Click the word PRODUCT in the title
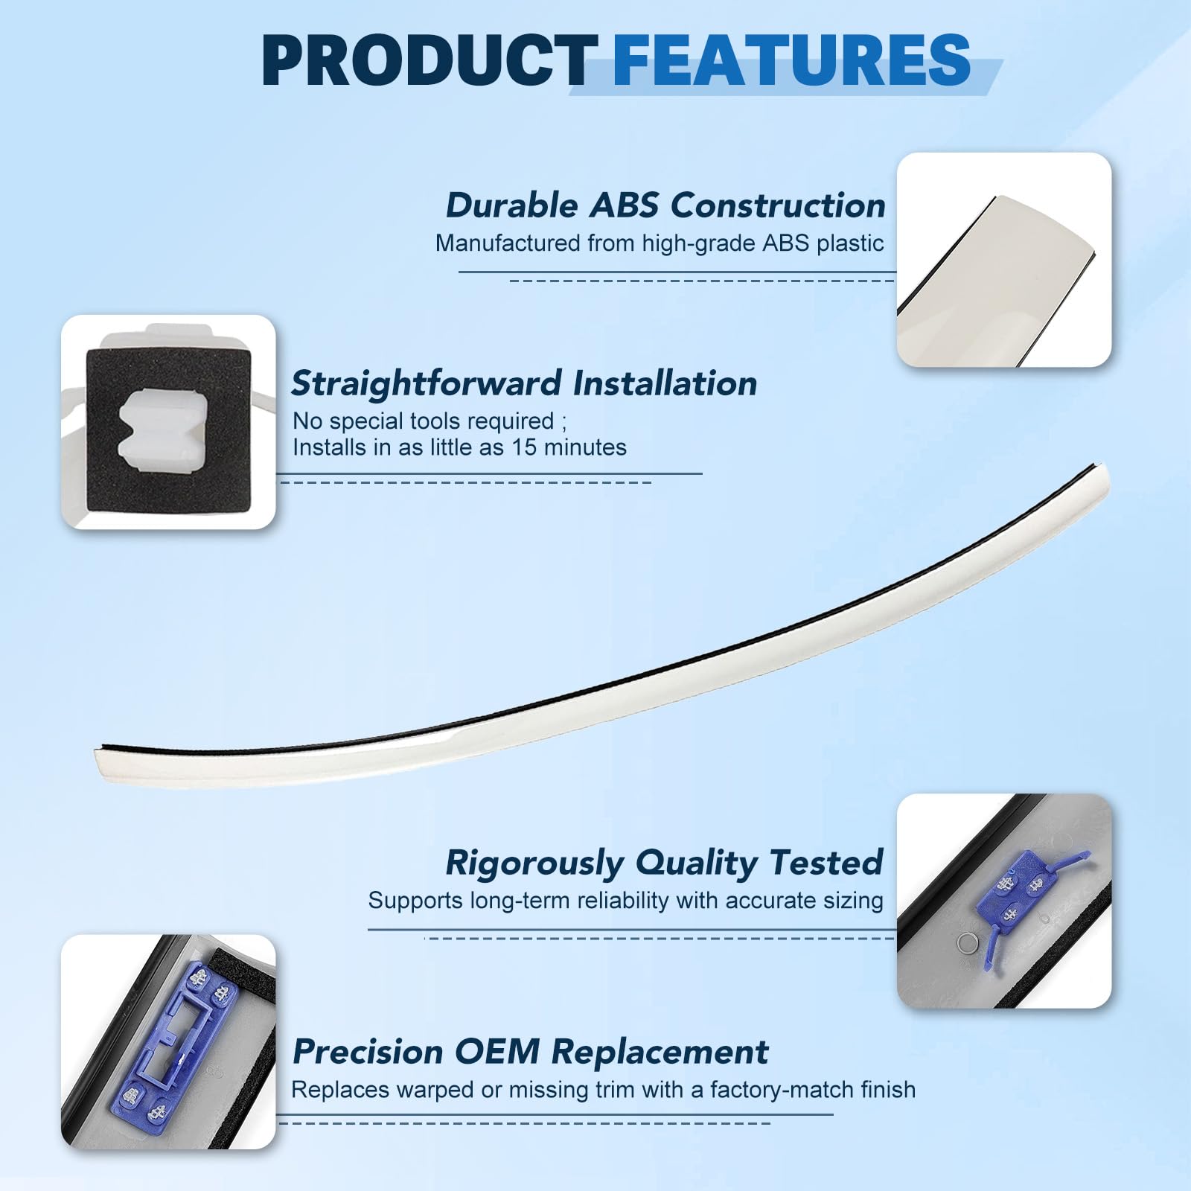pyautogui.click(x=430, y=61)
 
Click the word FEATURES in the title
pyautogui.click(x=791, y=61)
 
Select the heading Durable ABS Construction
pyautogui.click(x=665, y=205)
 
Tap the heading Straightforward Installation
pyautogui.click(x=524, y=383)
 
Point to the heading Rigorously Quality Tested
pyautogui.click(x=664, y=863)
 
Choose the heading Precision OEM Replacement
pyautogui.click(x=530, y=1052)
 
